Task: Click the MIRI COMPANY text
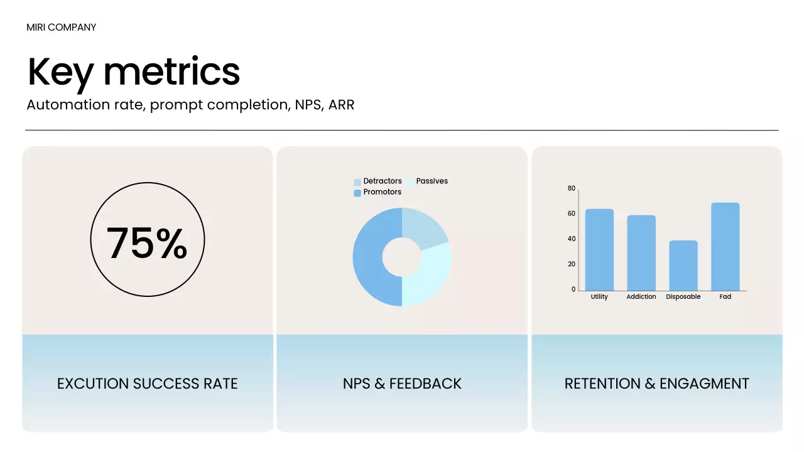point(62,27)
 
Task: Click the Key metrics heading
point(134,73)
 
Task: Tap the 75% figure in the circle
point(147,243)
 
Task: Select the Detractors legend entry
point(378,181)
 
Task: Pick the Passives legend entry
point(428,181)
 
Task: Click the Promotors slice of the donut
point(370,257)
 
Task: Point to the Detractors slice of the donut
point(423,227)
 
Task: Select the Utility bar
point(599,250)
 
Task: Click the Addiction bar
point(641,253)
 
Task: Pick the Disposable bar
point(683,266)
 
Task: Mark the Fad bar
point(725,247)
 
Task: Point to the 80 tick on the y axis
point(572,188)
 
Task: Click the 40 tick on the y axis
point(572,239)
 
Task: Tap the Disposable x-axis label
point(683,297)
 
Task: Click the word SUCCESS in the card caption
point(166,384)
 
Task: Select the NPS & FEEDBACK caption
point(402,384)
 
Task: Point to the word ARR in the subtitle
point(341,105)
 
